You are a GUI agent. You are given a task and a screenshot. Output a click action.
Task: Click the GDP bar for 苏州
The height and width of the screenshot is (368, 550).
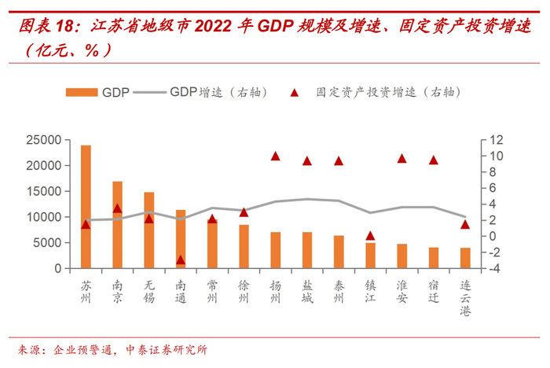[x=86, y=206]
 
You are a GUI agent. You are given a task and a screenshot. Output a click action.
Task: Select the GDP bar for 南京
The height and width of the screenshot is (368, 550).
[x=117, y=224]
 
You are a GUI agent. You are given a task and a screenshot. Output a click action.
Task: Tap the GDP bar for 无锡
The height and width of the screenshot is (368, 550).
[x=148, y=230]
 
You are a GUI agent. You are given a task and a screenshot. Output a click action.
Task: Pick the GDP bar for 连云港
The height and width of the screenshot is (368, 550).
[x=465, y=258]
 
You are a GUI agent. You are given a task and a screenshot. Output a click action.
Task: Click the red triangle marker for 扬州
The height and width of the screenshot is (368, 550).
[x=275, y=156]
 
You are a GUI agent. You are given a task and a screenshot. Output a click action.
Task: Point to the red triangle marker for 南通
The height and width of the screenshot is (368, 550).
[x=181, y=259]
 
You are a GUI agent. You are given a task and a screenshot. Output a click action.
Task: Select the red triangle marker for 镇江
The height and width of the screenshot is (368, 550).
[x=370, y=235]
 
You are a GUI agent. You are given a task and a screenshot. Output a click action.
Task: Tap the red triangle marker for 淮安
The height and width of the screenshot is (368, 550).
[x=401, y=158]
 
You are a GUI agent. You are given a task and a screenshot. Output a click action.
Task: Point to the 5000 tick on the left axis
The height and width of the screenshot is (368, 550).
[x=47, y=243]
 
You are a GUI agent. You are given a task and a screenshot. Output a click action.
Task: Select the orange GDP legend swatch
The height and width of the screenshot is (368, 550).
[x=82, y=92]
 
